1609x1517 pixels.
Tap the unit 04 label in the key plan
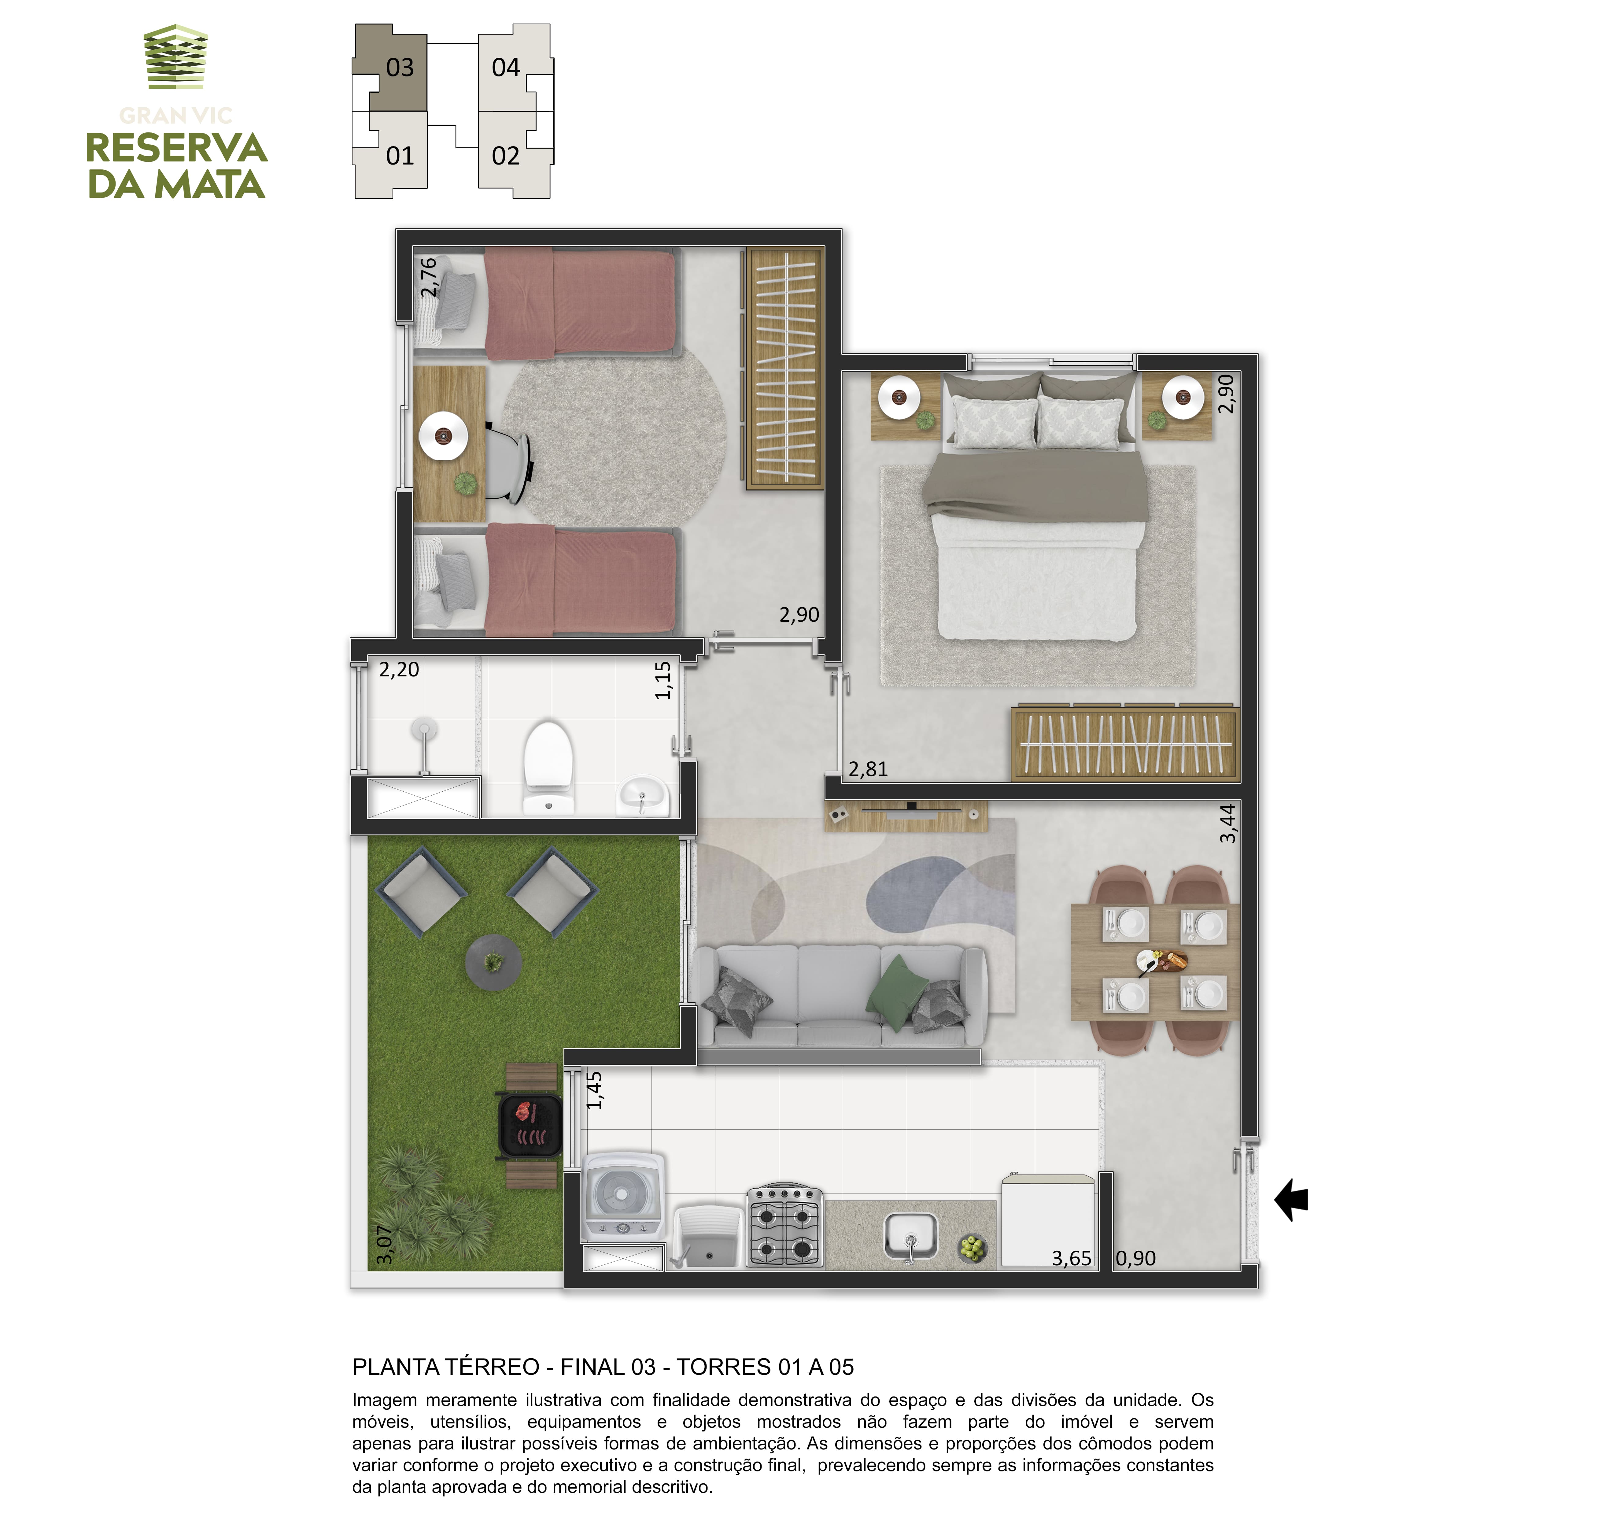tap(506, 67)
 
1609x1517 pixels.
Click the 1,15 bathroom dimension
tap(664, 680)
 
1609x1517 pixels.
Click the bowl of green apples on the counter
tap(972, 1248)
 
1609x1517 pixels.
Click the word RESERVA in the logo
tap(176, 148)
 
